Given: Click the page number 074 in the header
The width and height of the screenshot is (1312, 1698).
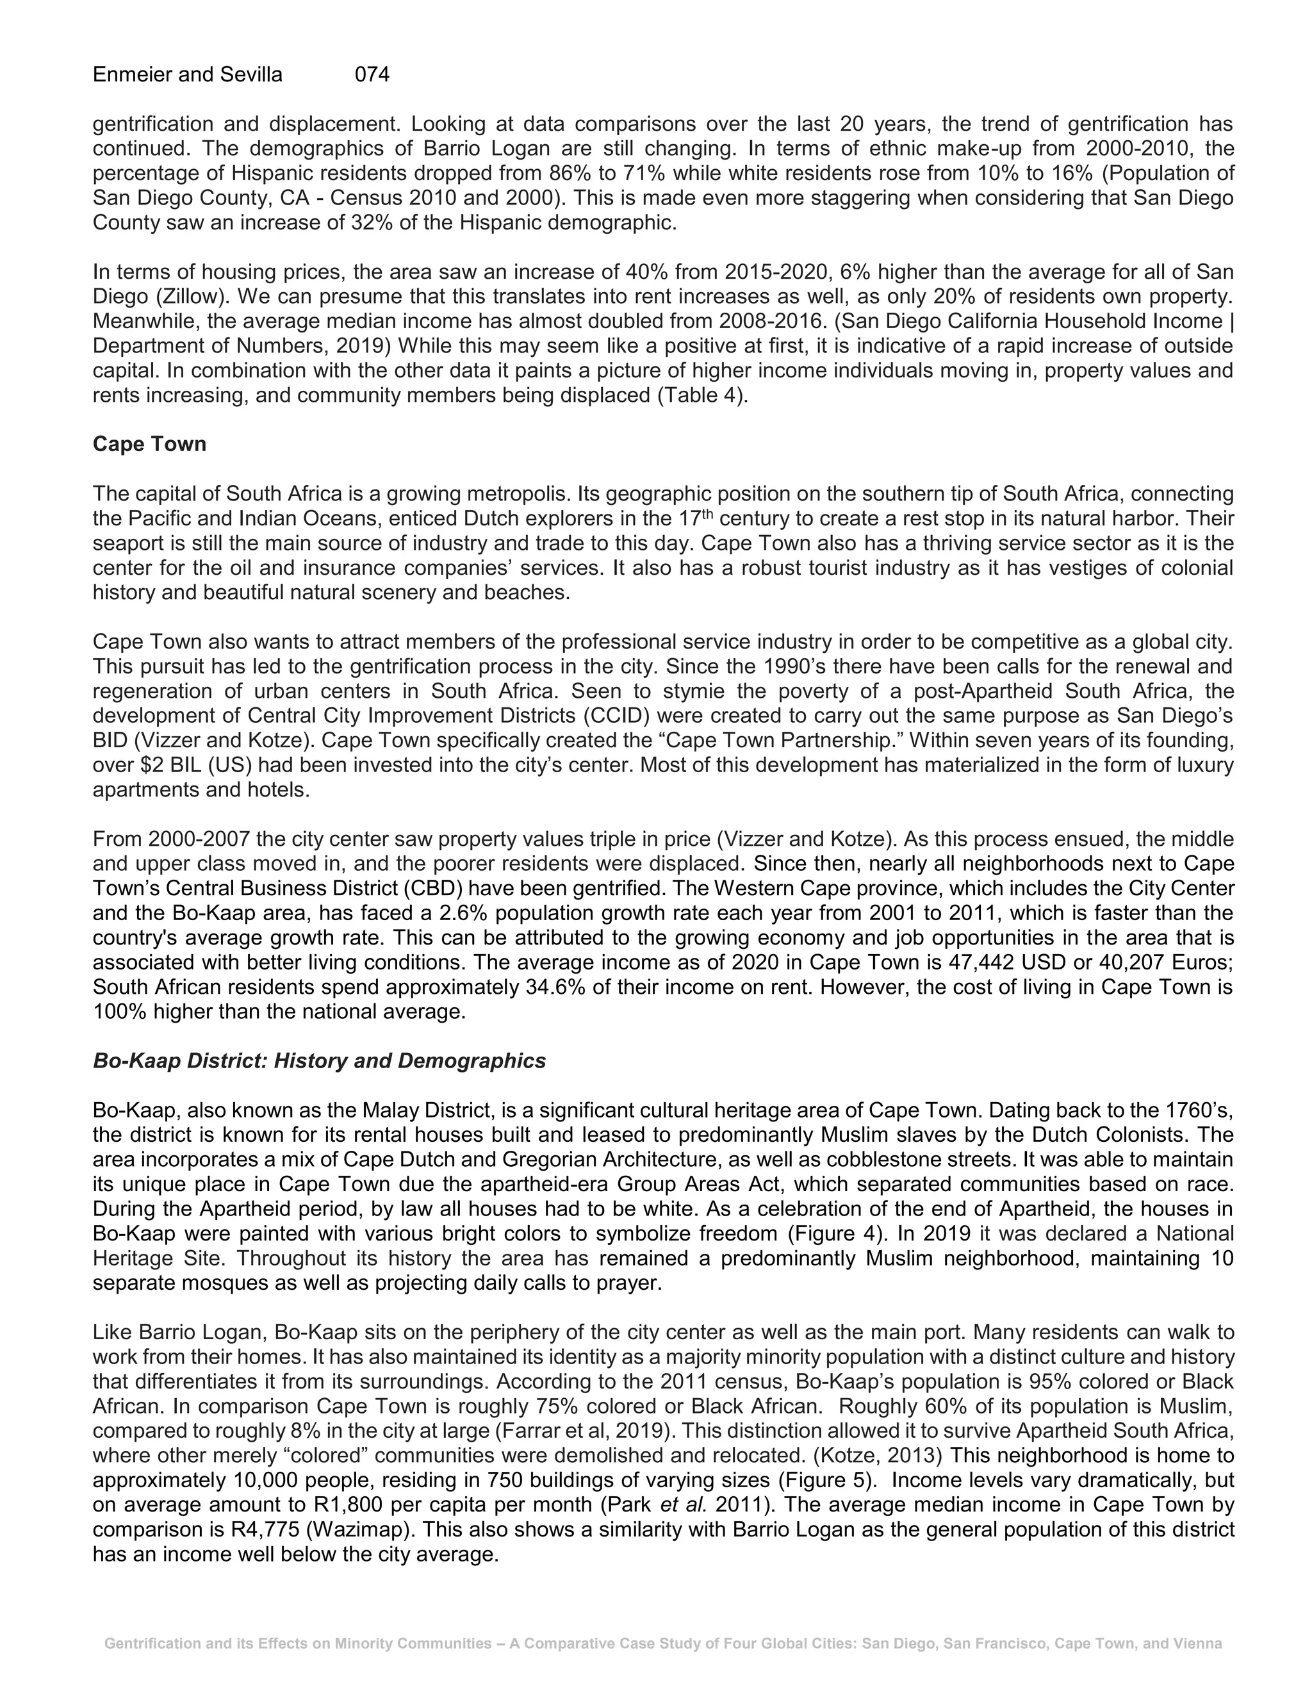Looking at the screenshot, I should pyautogui.click(x=372, y=74).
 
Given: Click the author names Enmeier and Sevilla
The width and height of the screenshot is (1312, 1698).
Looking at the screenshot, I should pyautogui.click(x=187, y=74).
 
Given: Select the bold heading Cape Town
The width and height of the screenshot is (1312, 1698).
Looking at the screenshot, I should pyautogui.click(x=149, y=444).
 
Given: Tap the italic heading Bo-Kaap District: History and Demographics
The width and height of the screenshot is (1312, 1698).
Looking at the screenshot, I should pyautogui.click(x=318, y=1060).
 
